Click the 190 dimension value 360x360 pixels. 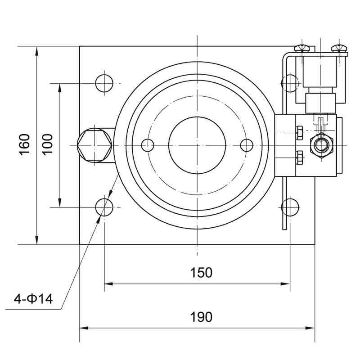point(201,317)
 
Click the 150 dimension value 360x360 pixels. point(201,273)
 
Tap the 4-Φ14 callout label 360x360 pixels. point(33,298)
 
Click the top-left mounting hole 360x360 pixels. point(104,83)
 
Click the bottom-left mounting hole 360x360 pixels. point(104,207)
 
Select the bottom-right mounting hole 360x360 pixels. point(290,207)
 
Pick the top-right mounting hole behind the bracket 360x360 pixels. point(289,83)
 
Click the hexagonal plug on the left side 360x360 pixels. point(94,145)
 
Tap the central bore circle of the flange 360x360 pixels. point(197,145)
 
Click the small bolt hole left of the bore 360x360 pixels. point(148,145)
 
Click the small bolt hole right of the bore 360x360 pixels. point(247,145)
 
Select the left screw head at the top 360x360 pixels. point(301,48)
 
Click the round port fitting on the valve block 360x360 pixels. point(321,145)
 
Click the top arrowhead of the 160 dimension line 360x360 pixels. point(37,49)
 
